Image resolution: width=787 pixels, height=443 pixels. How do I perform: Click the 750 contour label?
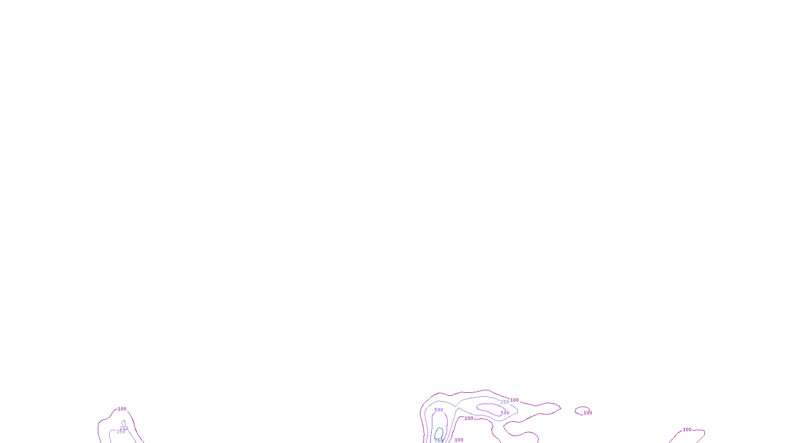(438, 440)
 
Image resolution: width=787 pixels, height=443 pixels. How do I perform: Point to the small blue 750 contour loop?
(439, 433)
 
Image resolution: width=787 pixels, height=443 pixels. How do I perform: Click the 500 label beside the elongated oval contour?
(505, 413)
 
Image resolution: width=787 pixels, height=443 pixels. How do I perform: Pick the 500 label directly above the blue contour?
(439, 410)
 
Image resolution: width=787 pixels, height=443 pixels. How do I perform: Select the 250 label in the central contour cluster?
(505, 402)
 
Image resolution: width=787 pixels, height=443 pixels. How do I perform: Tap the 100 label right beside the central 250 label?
(515, 400)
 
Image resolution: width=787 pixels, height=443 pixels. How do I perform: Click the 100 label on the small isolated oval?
(588, 413)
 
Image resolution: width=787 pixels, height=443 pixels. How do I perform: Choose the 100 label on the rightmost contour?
(687, 430)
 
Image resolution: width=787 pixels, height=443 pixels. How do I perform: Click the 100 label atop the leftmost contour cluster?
(122, 409)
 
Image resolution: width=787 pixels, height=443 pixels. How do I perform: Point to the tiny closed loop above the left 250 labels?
(123, 423)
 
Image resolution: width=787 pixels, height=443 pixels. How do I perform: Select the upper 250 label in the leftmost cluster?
(124, 428)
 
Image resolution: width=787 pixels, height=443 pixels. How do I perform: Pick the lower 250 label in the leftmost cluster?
(121, 432)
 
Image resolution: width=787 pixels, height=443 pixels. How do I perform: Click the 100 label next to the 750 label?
(459, 440)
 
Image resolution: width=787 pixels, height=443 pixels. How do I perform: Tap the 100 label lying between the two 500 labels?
(469, 418)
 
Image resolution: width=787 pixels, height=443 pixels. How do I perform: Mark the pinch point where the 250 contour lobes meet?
(457, 408)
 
